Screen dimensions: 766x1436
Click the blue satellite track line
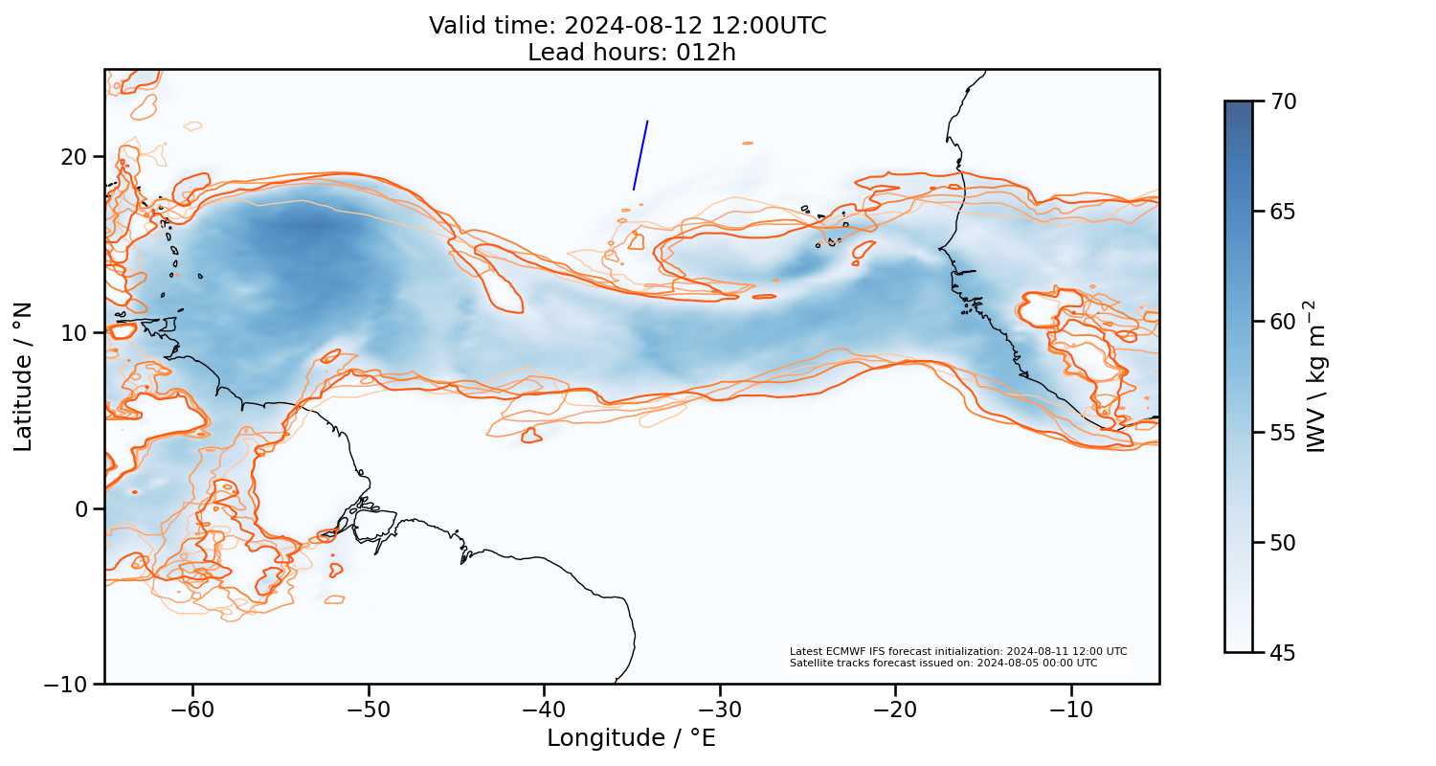[640, 155]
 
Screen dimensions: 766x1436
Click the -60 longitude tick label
[192, 710]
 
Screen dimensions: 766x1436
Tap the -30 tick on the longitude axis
[719, 710]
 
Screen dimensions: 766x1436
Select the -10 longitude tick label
[1070, 710]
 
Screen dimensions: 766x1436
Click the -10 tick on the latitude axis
[67, 685]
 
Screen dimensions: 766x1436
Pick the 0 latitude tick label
[82, 508]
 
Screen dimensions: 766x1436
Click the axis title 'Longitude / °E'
[631, 738]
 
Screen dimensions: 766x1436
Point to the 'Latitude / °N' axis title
[23, 376]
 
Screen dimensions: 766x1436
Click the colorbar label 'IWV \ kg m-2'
[1317, 376]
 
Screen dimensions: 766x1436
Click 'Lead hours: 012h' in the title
[631, 53]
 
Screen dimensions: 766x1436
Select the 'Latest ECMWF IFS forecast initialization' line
[957, 651]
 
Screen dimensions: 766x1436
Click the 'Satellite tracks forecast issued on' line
[943, 663]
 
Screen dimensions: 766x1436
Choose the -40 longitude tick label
[543, 710]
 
